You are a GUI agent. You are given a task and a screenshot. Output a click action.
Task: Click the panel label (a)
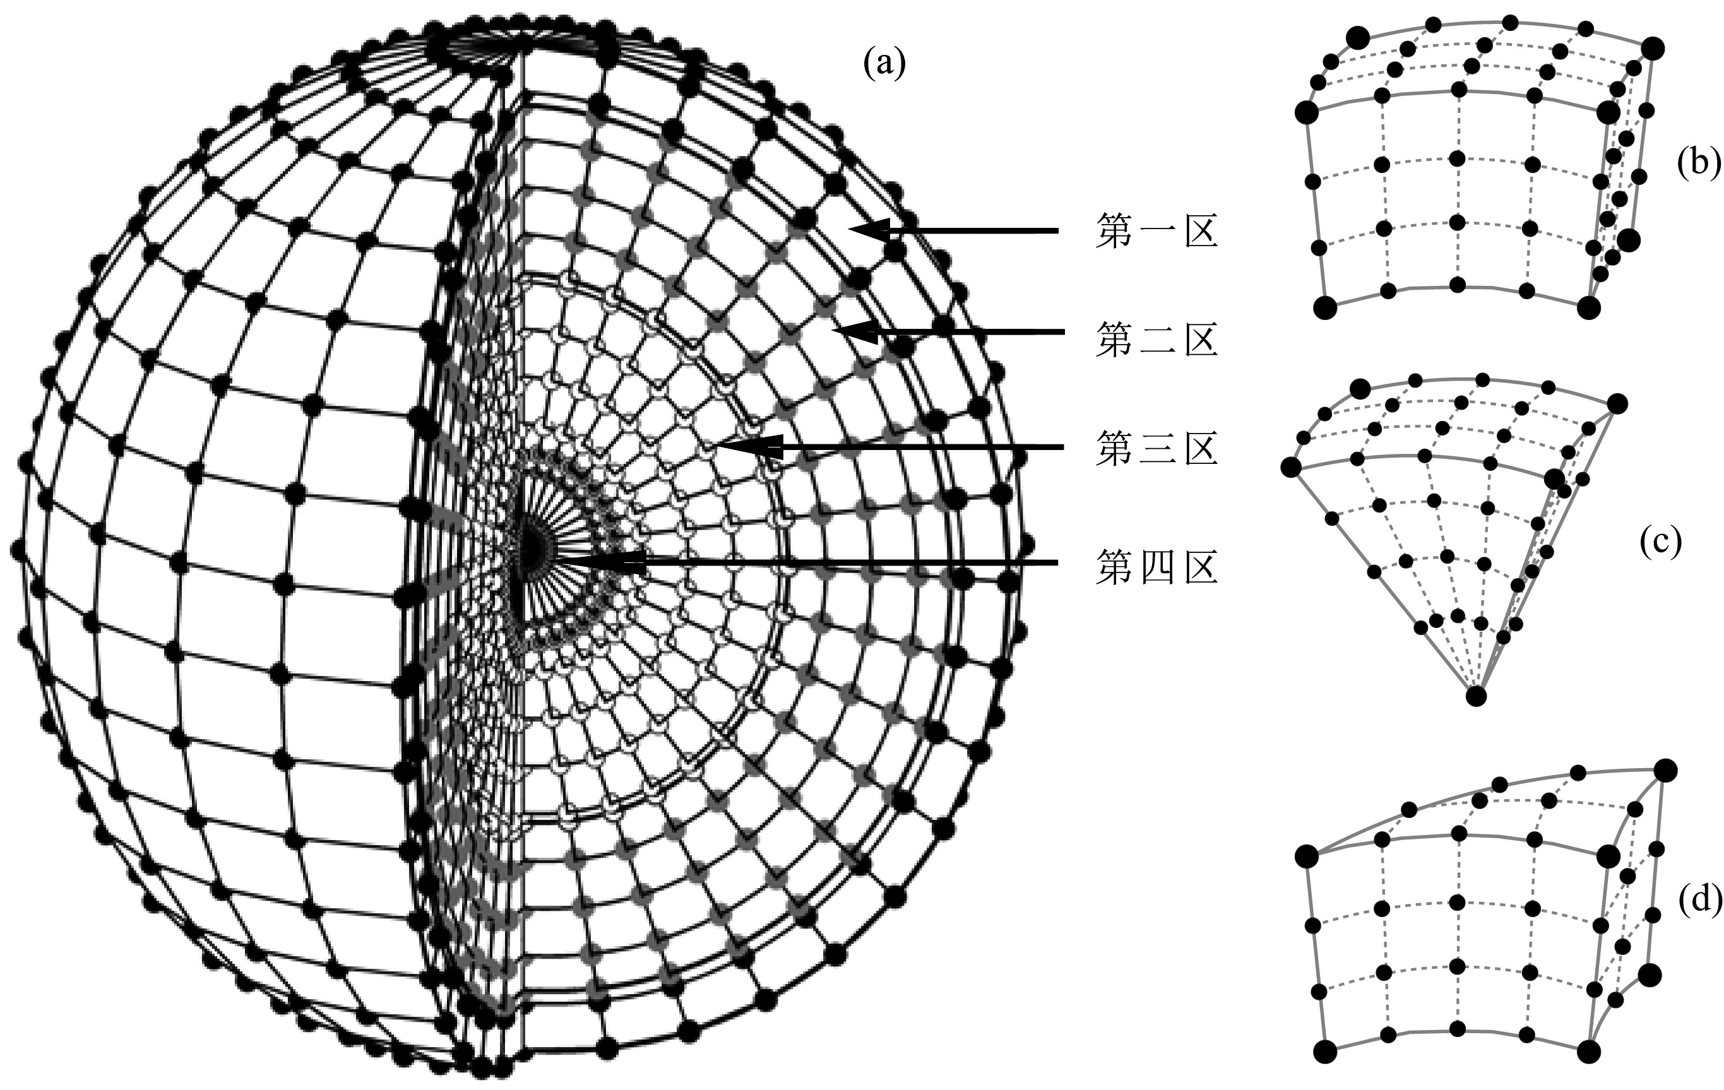(x=885, y=64)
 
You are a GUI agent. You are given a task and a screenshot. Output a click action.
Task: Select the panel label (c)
(x=1660, y=543)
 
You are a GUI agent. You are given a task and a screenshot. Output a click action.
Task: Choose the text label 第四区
(x=1156, y=566)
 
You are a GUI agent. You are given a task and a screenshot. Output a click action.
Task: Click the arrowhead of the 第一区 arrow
(x=859, y=230)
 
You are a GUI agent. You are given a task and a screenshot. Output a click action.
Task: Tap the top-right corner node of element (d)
(x=1666, y=770)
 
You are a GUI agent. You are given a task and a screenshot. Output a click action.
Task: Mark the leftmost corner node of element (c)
(x=1291, y=467)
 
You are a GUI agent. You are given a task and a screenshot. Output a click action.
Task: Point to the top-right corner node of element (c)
(x=1617, y=405)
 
